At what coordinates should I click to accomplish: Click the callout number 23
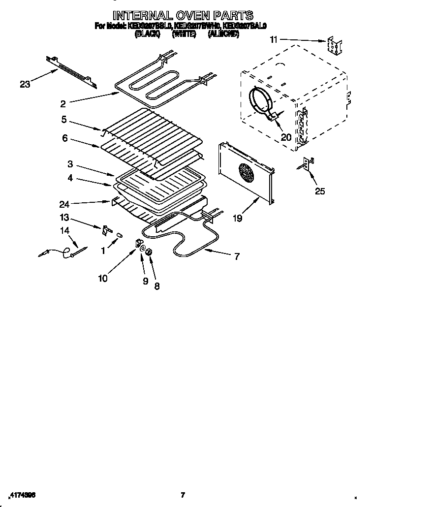click(25, 85)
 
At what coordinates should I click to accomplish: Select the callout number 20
click(285, 137)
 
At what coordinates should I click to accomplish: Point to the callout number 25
click(320, 191)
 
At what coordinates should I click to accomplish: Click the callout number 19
click(238, 218)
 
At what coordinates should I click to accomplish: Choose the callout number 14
click(64, 230)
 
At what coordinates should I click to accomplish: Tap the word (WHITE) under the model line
click(184, 34)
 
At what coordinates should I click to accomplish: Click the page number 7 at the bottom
click(183, 495)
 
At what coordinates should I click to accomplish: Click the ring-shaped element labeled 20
click(261, 102)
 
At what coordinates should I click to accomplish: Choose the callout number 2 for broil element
click(63, 103)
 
